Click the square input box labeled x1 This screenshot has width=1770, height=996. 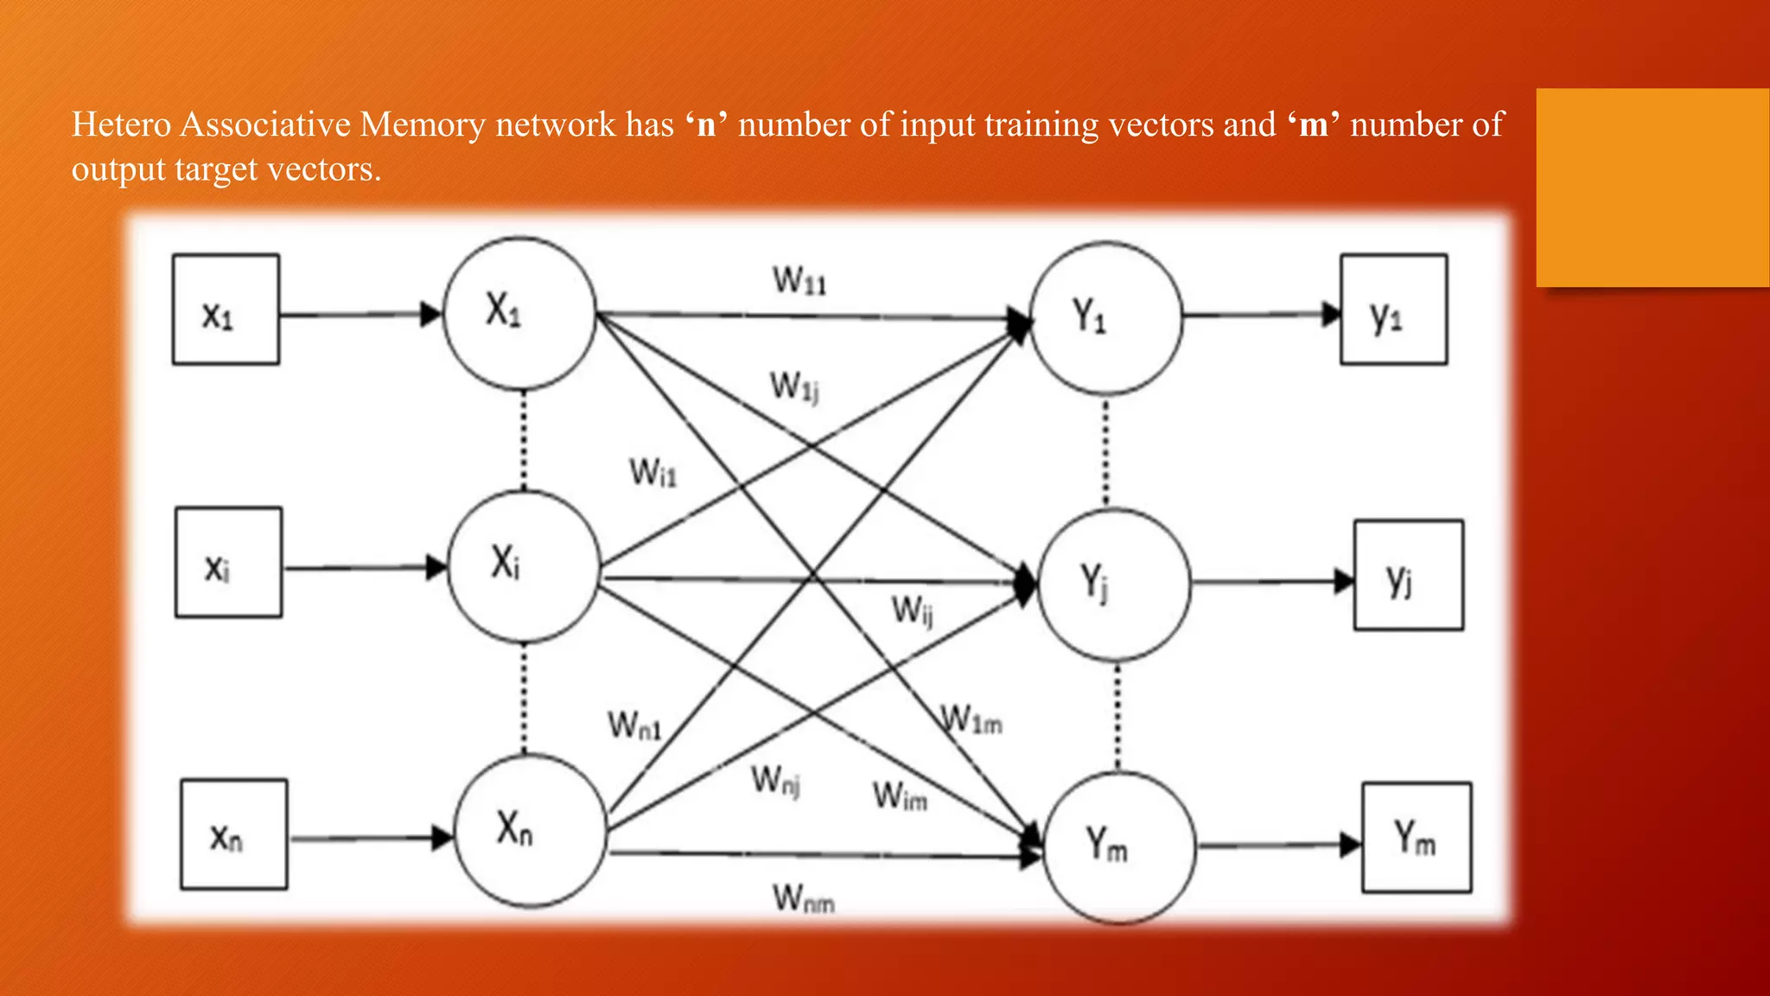coord(226,310)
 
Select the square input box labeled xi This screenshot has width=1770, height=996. coord(228,562)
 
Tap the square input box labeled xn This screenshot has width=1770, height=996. coord(233,834)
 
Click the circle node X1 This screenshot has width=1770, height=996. coord(519,314)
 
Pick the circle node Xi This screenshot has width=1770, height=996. coord(524,566)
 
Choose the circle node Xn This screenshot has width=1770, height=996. coord(530,830)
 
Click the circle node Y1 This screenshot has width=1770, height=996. coord(1105,318)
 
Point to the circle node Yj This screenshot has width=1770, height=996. coord(1113,584)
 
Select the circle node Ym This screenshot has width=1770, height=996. coord(1120,847)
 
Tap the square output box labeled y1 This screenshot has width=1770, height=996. coord(1393,310)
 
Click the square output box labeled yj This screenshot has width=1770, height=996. coord(1408,575)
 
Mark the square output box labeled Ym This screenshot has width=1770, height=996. coord(1417,837)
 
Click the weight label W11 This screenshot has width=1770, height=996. coord(799,281)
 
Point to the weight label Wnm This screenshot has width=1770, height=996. coord(804,898)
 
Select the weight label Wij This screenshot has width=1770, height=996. coord(913,610)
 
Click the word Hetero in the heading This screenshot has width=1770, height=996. coord(121,124)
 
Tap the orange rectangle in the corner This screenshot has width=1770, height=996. coord(1652,188)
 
